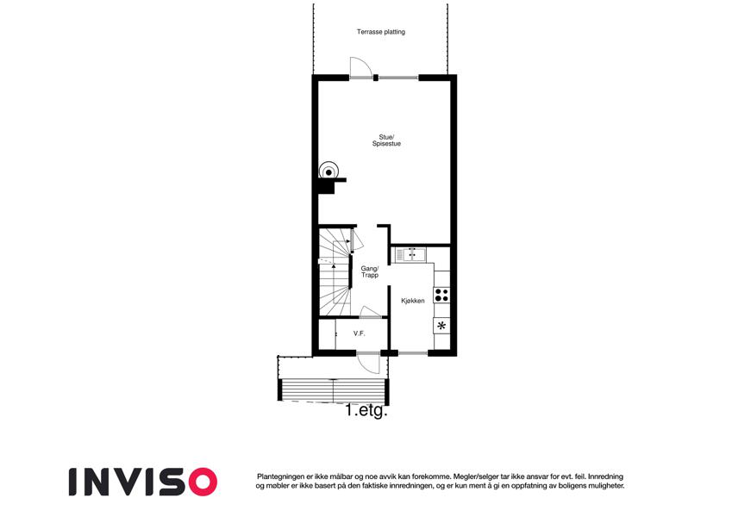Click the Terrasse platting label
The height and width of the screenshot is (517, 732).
(x=381, y=32)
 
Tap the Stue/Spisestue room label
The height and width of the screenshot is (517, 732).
(x=386, y=140)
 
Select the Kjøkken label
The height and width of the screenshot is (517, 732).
(x=413, y=301)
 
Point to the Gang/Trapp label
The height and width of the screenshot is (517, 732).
(x=369, y=272)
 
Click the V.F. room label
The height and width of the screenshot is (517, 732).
(x=359, y=333)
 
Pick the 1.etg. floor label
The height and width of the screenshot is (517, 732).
(x=366, y=411)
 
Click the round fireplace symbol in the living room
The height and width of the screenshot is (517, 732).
(x=328, y=171)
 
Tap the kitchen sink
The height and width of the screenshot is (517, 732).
(x=410, y=255)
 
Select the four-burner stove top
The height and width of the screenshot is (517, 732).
(x=441, y=295)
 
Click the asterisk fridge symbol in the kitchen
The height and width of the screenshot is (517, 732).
(x=441, y=325)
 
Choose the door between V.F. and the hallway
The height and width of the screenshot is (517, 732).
(x=371, y=313)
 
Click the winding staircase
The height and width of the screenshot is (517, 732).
(x=335, y=271)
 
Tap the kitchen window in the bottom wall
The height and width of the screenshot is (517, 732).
(x=413, y=352)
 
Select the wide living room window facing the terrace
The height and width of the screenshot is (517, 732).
(x=398, y=78)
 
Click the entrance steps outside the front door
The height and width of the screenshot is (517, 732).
(x=334, y=389)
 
